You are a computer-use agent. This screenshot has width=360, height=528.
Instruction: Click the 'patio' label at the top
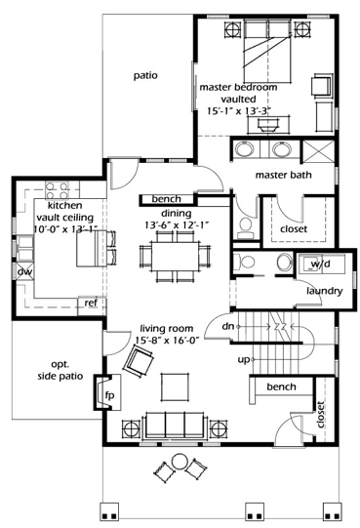point(145,75)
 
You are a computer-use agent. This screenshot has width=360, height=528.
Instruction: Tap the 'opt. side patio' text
point(60,371)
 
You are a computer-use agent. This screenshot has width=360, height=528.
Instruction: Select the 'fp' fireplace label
point(110,395)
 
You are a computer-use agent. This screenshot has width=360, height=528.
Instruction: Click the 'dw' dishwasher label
point(25,271)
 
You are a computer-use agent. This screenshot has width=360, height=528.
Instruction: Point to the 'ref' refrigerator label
point(91,303)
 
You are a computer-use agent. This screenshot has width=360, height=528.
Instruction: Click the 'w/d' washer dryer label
point(320,264)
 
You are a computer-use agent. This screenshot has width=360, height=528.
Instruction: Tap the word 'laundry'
point(324,291)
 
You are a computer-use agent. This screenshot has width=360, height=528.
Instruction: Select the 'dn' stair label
point(228,326)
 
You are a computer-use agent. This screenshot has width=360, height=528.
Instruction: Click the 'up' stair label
point(244,359)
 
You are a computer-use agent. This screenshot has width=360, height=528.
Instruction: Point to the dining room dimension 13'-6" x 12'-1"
point(177,224)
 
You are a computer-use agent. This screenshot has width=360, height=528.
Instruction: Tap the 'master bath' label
point(283,175)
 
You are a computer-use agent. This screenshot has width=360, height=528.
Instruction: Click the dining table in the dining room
point(175,256)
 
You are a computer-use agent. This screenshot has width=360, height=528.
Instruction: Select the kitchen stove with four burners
point(57,191)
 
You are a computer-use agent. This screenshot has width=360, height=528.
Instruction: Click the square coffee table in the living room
point(175,386)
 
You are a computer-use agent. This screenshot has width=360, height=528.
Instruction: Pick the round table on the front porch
point(180,461)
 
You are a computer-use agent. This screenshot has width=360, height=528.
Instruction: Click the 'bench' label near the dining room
point(167,199)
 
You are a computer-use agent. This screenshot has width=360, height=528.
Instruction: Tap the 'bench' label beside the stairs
point(281,386)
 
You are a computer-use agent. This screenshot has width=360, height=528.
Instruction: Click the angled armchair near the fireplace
point(139,363)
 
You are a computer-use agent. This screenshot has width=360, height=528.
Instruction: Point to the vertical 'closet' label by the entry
point(321,414)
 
